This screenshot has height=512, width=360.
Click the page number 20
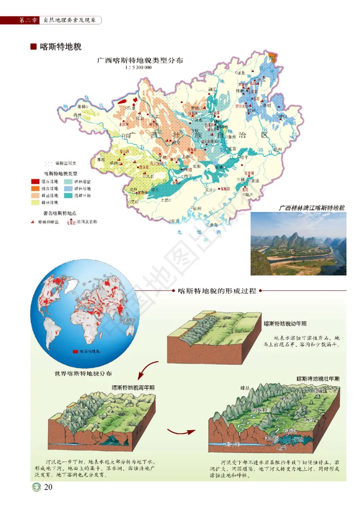point(49,487)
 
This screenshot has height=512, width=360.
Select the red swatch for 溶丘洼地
point(35,180)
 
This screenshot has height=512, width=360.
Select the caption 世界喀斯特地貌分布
point(83,373)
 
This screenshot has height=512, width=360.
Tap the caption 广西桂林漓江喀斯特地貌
point(311,208)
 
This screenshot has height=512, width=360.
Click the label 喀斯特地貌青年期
point(133,387)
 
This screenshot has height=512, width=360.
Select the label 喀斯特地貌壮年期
point(318,379)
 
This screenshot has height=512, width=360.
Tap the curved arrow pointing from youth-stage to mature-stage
point(181,431)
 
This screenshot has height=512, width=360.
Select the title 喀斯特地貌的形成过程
point(217,291)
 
